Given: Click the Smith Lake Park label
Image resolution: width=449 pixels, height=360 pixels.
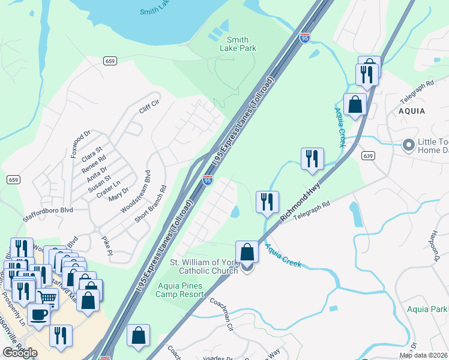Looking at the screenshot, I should pyautogui.click(x=234, y=44).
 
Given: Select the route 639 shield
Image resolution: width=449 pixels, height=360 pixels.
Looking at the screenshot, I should pyautogui.click(x=369, y=155).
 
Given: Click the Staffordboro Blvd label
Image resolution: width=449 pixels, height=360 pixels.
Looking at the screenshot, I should pyautogui.click(x=48, y=210).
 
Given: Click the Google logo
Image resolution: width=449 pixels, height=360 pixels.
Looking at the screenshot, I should pyautogui.click(x=20, y=353).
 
